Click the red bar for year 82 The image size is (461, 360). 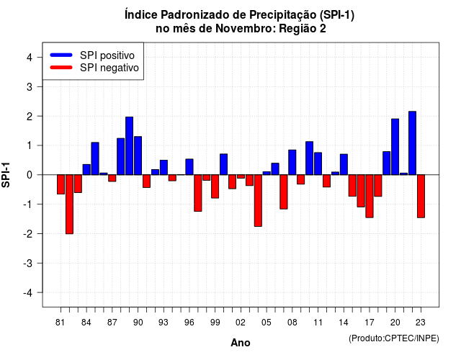(69, 204)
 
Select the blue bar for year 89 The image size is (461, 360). (130, 145)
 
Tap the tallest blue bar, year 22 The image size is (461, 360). (412, 143)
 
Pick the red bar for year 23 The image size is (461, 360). (421, 197)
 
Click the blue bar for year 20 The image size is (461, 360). (395, 147)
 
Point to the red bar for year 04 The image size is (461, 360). (258, 201)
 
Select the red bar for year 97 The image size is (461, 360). (198, 193)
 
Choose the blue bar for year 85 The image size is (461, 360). (95, 158)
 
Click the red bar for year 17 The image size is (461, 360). (370, 197)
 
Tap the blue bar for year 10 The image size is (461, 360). (309, 158)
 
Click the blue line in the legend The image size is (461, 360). (61, 55)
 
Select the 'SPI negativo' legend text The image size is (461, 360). (109, 68)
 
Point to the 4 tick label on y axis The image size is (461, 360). (30, 58)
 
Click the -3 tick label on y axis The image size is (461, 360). (27, 264)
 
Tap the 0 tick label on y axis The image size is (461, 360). (30, 175)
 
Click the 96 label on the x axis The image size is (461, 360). (189, 323)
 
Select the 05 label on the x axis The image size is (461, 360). (267, 323)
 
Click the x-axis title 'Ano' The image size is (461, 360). (241, 343)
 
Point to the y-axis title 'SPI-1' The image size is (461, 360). (6, 175)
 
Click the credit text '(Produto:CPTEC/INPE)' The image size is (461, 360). (394, 338)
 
